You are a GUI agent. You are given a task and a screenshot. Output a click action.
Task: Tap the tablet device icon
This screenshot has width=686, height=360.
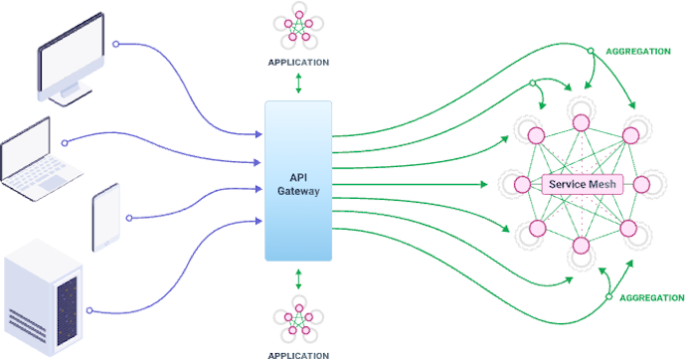pyautogui.click(x=105, y=218)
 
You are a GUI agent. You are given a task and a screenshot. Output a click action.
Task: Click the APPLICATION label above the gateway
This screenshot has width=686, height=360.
pyautogui.click(x=298, y=62)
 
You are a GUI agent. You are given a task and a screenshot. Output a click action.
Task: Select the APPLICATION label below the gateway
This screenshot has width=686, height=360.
pyautogui.click(x=298, y=353)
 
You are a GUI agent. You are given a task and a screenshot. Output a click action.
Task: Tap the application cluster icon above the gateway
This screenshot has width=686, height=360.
pyautogui.click(x=298, y=28)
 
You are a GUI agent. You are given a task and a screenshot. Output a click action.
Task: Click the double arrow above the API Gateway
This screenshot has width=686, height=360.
pyautogui.click(x=298, y=85)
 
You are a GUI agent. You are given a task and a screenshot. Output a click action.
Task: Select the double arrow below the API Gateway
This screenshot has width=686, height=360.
pyautogui.click(x=298, y=278)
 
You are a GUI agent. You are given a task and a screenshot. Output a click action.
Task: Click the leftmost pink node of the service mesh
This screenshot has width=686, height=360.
pyautogui.click(x=521, y=184)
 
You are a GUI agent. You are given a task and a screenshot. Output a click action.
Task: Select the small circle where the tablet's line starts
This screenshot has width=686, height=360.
pyautogui.click(x=131, y=216)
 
